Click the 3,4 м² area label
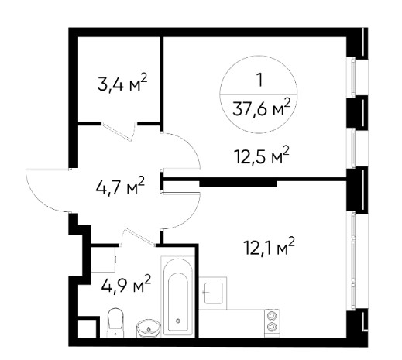[x=122, y=83]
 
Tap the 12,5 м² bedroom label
[x=261, y=156]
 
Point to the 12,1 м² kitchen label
[x=269, y=245]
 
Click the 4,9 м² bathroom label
[x=126, y=283]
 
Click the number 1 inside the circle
[x=259, y=80]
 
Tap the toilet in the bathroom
[x=115, y=323]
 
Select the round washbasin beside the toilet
[x=149, y=327]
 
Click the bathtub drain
[x=178, y=321]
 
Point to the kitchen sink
[x=213, y=293]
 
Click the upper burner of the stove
[x=271, y=315]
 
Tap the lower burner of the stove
[x=271, y=327]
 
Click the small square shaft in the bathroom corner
[x=87, y=327]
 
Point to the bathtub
[x=177, y=297]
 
